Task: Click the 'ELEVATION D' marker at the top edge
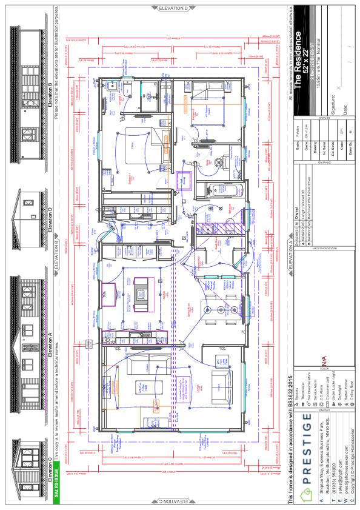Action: [173, 7]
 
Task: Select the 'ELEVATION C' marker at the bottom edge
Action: [173, 502]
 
